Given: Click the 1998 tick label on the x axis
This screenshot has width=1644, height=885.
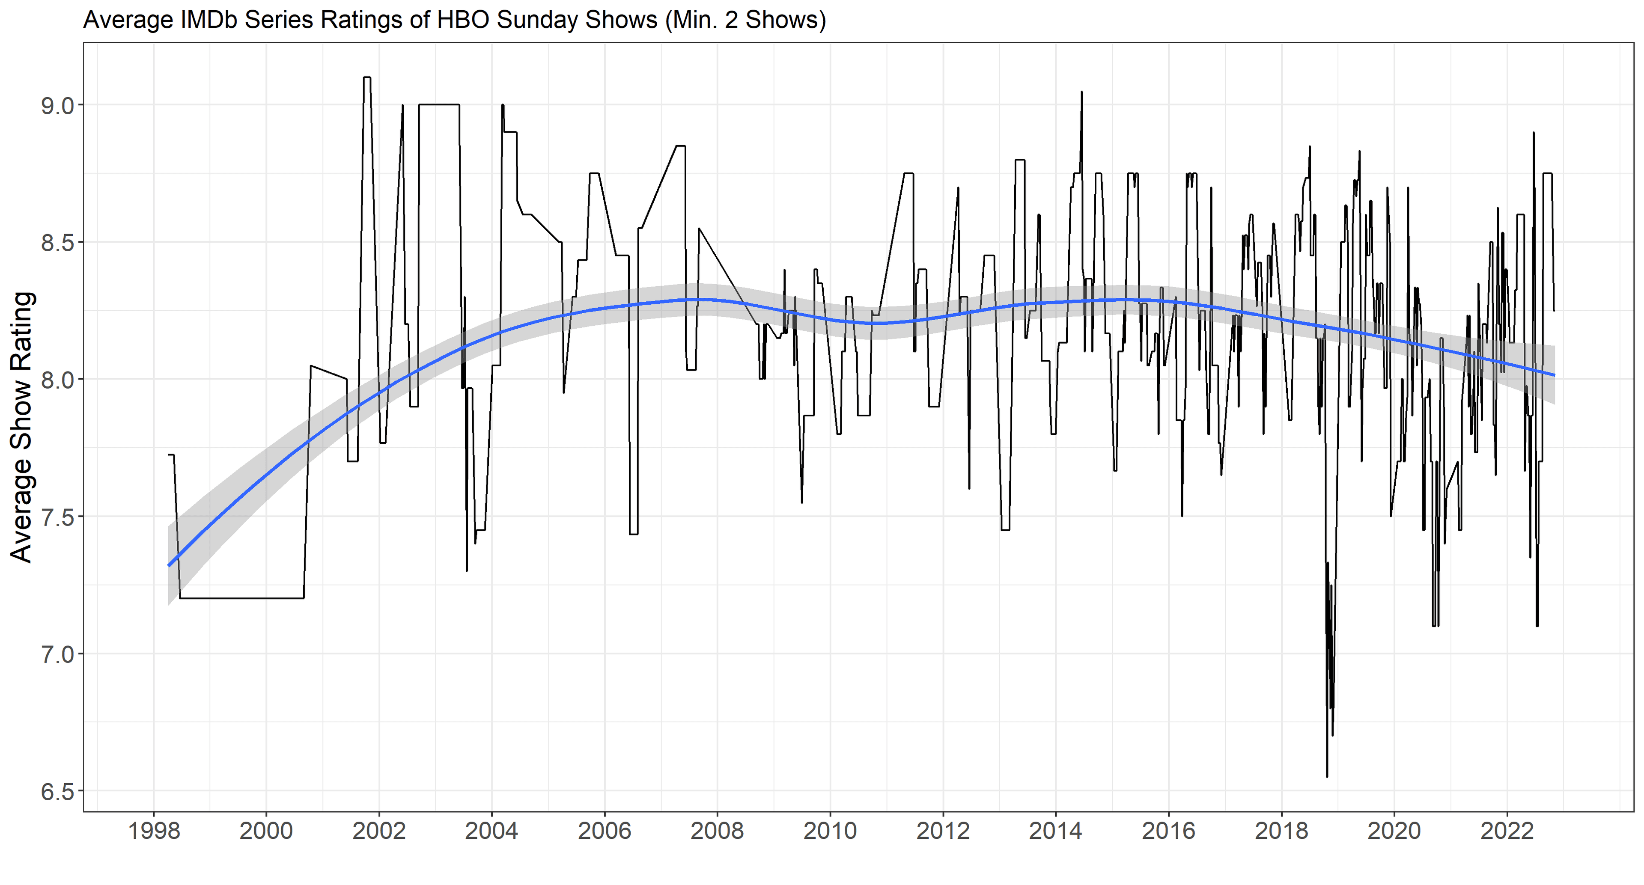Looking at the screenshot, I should coord(154,832).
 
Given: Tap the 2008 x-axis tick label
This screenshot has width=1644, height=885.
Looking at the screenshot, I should coord(718,832).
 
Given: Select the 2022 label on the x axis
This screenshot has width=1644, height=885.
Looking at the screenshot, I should coord(1507,832).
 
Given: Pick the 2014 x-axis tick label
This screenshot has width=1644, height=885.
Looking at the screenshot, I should coord(1056,832).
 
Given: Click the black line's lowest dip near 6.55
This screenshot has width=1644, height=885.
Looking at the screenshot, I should coord(1327,776).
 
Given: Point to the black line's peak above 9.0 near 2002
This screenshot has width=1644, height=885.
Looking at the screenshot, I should coord(367,78).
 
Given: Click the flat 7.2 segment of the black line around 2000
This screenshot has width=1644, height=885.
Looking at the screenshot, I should coord(242,598).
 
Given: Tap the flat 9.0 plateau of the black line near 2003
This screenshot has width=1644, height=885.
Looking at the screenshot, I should coord(439,105).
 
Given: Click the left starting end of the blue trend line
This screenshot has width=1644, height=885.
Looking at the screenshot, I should coord(169,565).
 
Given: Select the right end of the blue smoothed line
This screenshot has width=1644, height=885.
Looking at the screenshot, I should coord(1554,374).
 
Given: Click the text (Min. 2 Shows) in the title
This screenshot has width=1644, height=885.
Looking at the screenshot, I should coord(745,21).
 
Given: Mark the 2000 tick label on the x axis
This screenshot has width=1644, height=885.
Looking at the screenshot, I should coord(267,832).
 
